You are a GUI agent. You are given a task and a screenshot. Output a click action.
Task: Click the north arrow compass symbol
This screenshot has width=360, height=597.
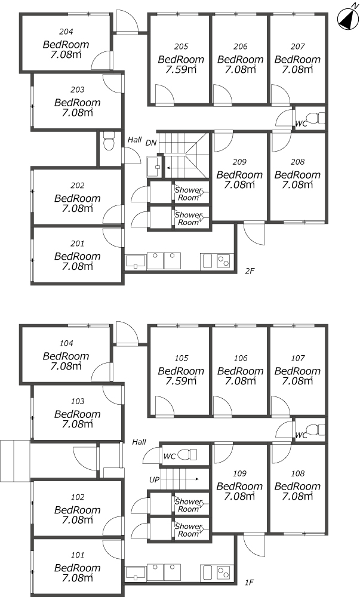347,18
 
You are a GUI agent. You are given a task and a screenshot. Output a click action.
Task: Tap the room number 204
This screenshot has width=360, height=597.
66,32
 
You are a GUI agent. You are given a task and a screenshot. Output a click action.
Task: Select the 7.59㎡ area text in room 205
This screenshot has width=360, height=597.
181,69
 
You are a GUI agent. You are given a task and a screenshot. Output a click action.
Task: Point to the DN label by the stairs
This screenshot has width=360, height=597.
151,143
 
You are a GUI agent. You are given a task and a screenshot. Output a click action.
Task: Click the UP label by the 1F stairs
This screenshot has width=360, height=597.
154,480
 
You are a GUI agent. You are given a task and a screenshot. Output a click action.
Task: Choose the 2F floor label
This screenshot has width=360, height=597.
250,271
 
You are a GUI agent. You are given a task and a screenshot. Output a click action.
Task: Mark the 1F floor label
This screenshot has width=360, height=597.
250,582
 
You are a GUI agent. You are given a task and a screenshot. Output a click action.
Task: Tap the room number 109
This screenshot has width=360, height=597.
239,473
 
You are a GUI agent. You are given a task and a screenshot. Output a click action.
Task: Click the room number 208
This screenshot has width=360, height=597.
297,162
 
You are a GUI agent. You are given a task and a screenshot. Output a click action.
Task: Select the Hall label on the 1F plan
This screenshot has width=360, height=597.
139,442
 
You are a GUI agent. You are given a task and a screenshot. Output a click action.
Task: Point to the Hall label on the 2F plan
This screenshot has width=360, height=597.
135,140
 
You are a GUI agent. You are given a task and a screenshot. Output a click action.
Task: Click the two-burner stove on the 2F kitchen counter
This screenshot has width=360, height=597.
223,261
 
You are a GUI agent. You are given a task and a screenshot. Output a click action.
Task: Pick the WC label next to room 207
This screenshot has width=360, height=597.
301,124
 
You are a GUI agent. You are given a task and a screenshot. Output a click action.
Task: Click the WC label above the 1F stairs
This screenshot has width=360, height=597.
170,456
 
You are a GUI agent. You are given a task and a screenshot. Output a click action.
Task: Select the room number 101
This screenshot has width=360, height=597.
77,555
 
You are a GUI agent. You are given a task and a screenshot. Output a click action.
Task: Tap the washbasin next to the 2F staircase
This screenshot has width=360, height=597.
155,167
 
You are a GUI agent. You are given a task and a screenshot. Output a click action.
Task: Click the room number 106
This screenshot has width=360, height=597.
241,358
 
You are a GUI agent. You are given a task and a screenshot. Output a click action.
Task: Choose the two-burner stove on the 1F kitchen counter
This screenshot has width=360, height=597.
223,573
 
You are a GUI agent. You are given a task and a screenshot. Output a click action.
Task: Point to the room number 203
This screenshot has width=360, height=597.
78,90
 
